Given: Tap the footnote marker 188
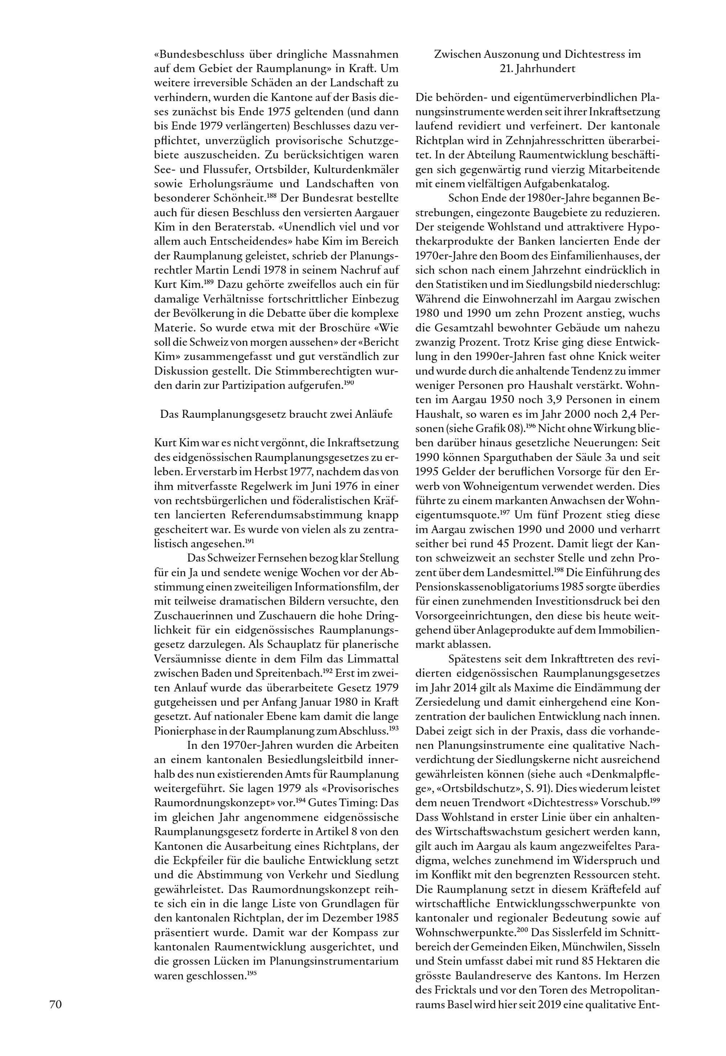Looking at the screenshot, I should tap(272, 196).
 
